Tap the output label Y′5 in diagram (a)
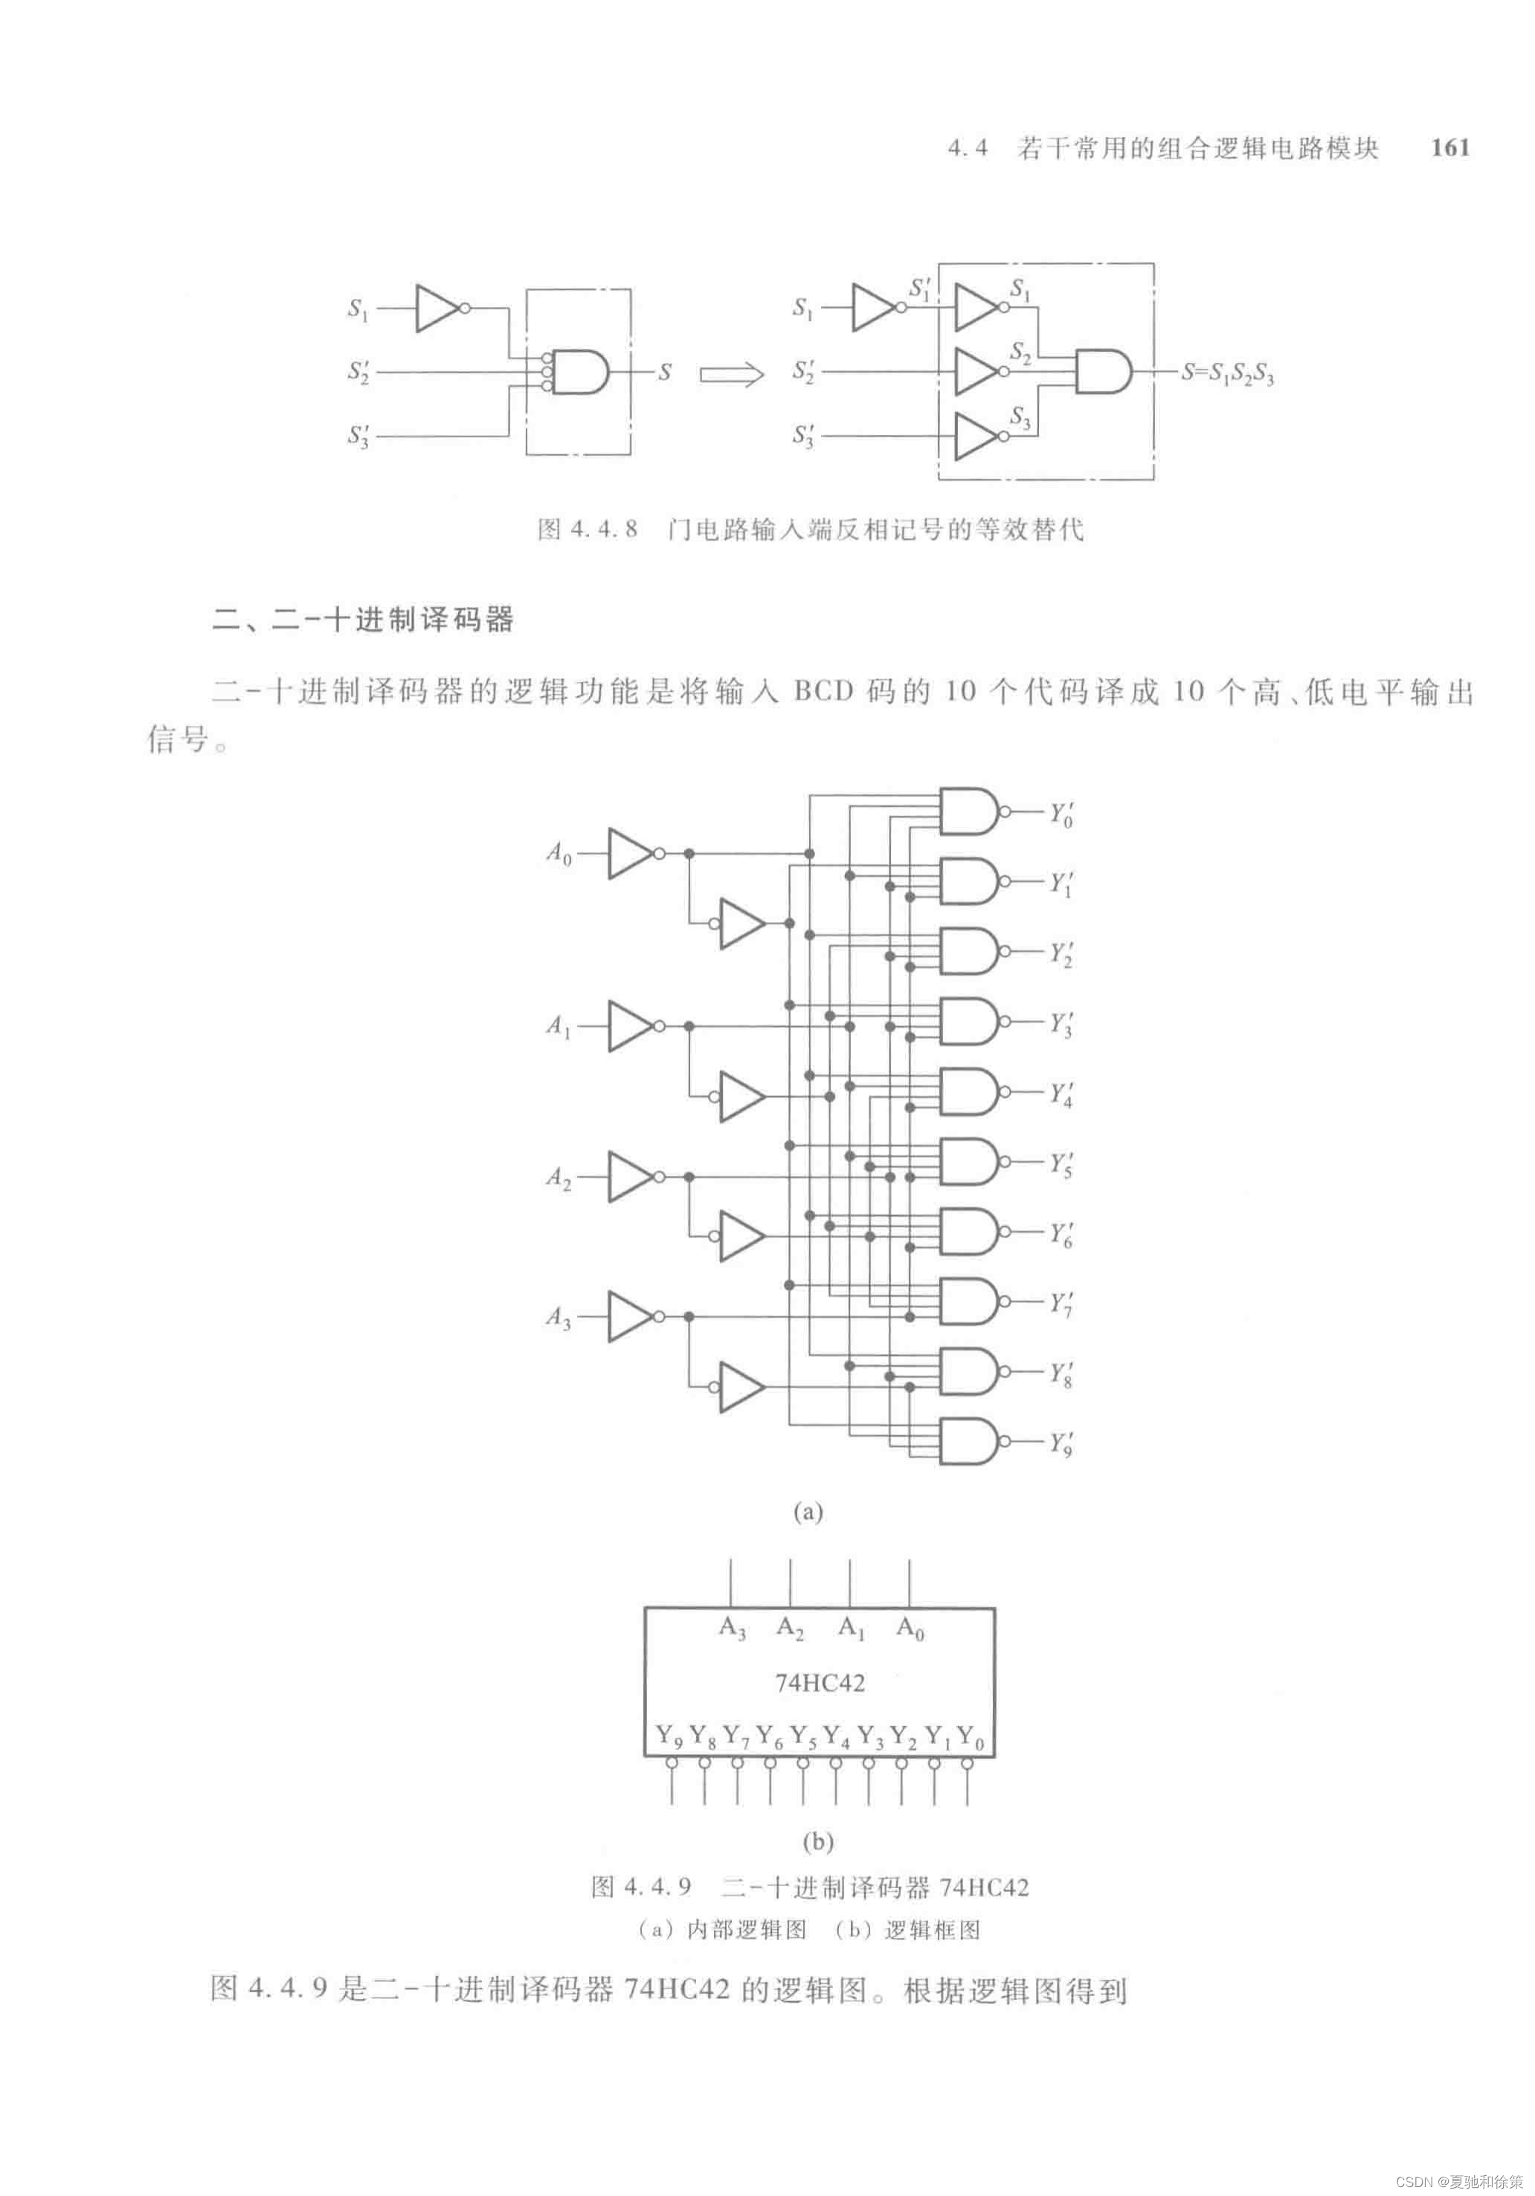point(1061,1164)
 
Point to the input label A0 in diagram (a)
point(559,852)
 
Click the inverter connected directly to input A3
point(629,1317)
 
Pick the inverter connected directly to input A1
point(629,1026)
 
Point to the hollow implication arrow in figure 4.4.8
point(732,374)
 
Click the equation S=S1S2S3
point(1227,374)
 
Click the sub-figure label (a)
point(808,1512)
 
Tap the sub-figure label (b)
point(818,1841)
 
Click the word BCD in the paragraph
point(823,692)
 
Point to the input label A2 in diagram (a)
point(559,1177)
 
